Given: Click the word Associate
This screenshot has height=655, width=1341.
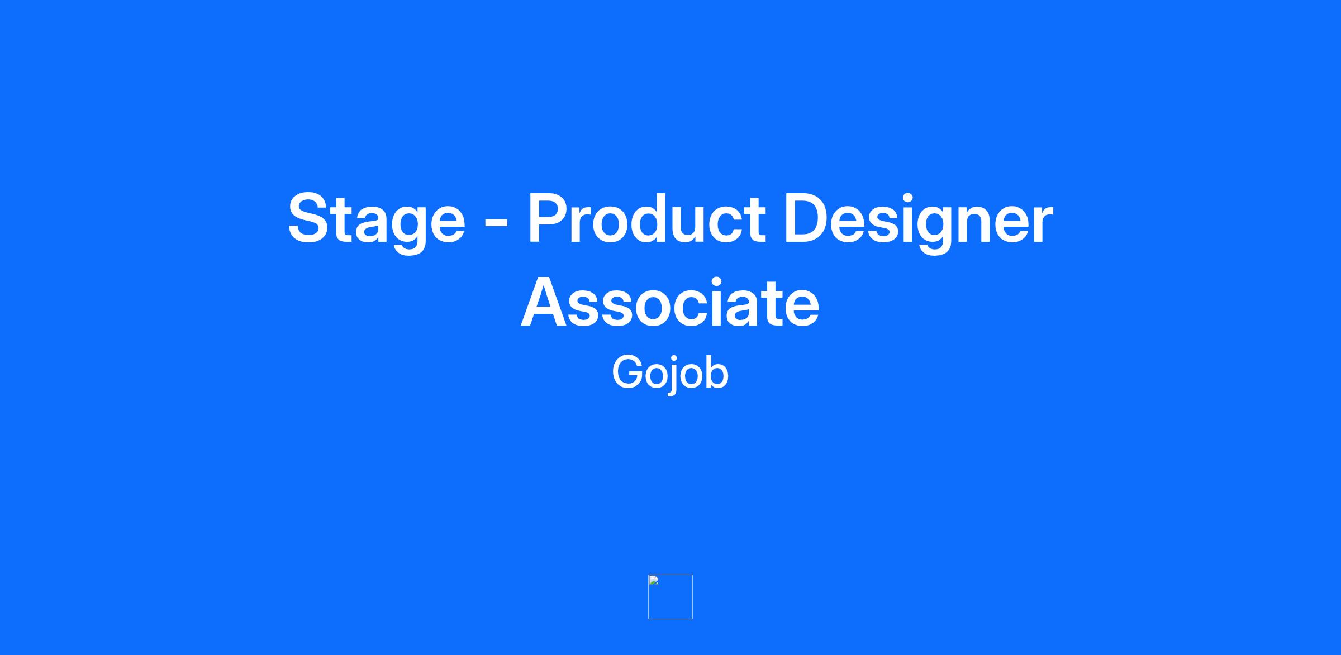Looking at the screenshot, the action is [x=670, y=303].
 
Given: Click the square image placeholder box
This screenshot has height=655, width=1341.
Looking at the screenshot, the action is [x=670, y=597].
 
